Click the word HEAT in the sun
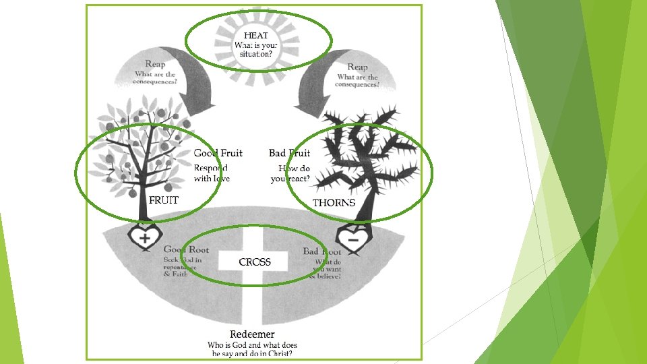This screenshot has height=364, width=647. [x=256, y=35]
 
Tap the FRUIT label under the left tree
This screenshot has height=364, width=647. [x=163, y=200]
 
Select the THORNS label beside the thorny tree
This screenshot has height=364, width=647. [x=334, y=203]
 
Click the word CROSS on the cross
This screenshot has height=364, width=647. [x=255, y=262]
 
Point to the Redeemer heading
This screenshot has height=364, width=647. [x=252, y=334]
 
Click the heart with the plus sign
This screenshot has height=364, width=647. [x=144, y=237]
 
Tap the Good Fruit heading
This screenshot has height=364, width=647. [x=218, y=153]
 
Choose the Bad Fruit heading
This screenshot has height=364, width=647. [x=289, y=153]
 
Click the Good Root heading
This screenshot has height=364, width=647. [x=186, y=249]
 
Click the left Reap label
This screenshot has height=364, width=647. [x=155, y=64]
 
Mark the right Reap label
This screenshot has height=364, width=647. [x=357, y=67]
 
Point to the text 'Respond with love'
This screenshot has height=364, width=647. [x=212, y=173]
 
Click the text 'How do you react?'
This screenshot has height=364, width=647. [x=291, y=173]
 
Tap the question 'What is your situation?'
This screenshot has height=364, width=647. [x=255, y=50]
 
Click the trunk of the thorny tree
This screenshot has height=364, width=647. [x=363, y=202]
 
